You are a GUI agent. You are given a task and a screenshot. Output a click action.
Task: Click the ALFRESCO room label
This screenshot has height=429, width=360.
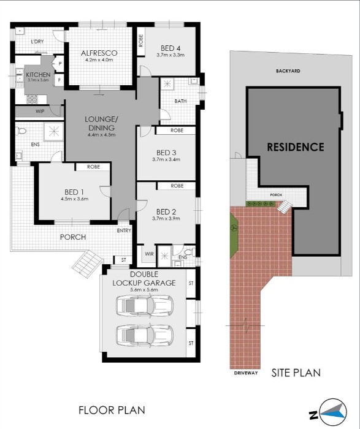click(99, 53)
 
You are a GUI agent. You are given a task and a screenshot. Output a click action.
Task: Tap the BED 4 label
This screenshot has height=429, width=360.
click(170, 48)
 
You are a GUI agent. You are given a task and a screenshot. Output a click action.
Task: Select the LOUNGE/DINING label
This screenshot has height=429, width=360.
click(102, 123)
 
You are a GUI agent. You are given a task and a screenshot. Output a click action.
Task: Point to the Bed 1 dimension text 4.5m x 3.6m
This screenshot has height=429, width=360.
click(74, 199)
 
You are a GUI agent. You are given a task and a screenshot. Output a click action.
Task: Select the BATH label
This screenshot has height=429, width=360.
click(180, 101)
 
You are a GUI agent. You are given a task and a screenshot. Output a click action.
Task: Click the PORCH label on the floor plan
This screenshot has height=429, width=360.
click(72, 237)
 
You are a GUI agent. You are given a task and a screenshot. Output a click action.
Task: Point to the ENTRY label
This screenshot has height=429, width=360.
click(124, 231)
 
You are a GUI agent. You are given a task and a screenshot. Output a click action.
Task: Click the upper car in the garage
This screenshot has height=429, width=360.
click(145, 305)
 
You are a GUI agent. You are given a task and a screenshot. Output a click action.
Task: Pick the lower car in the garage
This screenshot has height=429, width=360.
click(145, 335)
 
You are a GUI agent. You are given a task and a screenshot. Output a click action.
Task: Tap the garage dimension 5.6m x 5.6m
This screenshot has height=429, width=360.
click(144, 291)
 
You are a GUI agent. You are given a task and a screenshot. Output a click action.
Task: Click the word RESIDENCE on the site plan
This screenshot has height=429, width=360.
click(295, 147)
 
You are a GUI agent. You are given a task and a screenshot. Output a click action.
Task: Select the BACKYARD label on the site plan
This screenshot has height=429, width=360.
click(287, 71)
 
